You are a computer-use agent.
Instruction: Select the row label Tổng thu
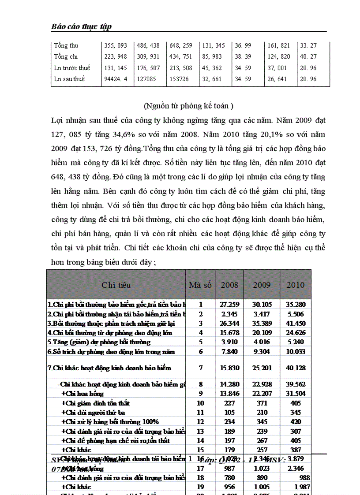[66, 45]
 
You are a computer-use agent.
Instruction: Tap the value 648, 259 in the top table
[180, 45]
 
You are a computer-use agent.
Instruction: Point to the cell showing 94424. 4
[116, 79]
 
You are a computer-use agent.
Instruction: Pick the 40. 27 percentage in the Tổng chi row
[308, 57]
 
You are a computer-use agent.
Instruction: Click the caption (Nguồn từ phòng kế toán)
[188, 106]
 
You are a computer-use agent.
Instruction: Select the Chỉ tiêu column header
[116, 285]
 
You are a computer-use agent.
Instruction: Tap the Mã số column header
[201, 285]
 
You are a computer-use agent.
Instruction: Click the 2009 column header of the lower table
[262, 285]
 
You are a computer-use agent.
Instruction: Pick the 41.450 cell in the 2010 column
[296, 324]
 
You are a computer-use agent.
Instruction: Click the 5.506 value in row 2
[296, 314]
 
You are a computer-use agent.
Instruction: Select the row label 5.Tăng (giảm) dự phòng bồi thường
[99, 342]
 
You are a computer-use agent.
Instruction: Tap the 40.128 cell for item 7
[296, 368]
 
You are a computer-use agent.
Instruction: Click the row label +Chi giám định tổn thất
[95, 403]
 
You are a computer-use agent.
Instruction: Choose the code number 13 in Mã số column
[201, 432]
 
